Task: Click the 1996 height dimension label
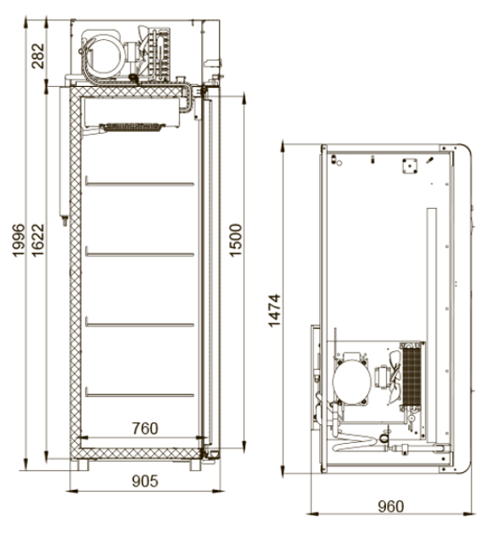(x=19, y=240)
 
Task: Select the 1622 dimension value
(x=37, y=240)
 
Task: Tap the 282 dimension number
(x=37, y=56)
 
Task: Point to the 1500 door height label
(x=235, y=240)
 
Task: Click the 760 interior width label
(x=145, y=429)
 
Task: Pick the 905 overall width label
(x=145, y=481)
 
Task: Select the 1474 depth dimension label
(x=274, y=310)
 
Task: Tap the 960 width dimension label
(x=391, y=506)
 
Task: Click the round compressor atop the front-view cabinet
(x=105, y=56)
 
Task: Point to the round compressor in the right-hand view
(x=352, y=380)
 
